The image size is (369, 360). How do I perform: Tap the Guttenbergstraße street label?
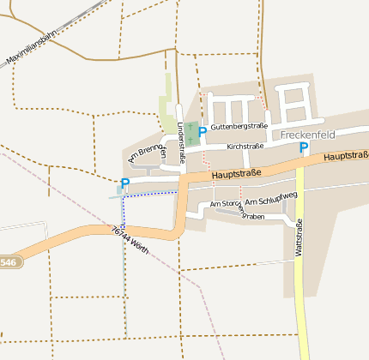pos(239,126)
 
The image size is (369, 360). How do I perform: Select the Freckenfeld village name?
pos(307,135)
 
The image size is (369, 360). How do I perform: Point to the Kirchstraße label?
pos(245,147)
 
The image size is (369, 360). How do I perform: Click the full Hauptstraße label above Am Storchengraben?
pos(236,174)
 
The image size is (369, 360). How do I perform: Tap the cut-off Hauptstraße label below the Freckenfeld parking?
pos(346,156)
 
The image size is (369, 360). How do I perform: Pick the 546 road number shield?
pos(9,261)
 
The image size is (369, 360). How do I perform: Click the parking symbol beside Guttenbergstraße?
pos(202,132)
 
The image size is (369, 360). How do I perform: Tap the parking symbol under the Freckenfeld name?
pos(303,148)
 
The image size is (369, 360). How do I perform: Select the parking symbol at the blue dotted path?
pos(125,183)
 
